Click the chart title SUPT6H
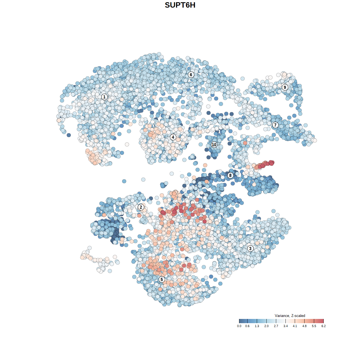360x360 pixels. (180, 5)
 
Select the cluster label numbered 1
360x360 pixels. (104, 97)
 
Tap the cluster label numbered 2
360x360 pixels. (141, 207)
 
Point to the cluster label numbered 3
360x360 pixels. (250, 248)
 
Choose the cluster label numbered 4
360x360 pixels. (173, 137)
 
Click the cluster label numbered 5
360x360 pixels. (162, 279)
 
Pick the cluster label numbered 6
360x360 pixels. (191, 75)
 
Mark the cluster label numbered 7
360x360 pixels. (275, 125)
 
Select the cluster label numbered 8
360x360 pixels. (230, 175)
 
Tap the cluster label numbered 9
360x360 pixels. (285, 87)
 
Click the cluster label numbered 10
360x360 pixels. (214, 145)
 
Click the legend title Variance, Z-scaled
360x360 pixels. (290, 316)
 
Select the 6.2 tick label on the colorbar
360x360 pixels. (323, 326)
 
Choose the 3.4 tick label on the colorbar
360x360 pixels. (285, 326)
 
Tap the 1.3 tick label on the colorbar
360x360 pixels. (257, 326)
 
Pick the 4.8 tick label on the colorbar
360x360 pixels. (304, 326)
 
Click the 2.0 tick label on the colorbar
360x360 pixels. (266, 326)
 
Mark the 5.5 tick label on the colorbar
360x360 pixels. (314, 326)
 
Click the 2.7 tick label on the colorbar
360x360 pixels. (276, 326)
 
